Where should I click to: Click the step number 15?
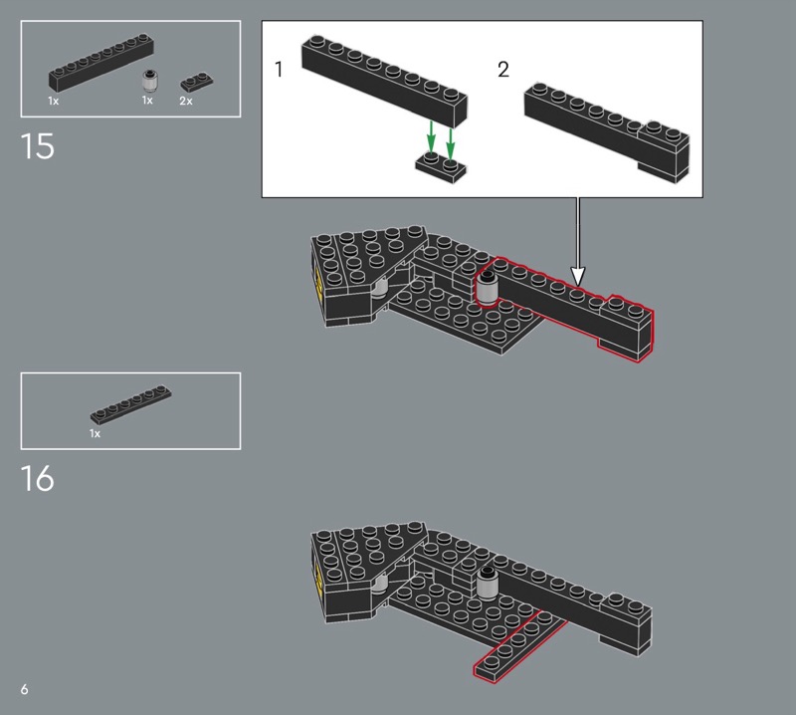pos(37,146)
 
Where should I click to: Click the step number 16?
pos(37,478)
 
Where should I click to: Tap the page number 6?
pos(24,689)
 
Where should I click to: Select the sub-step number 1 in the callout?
pos(279,69)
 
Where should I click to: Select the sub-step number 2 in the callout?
pos(503,69)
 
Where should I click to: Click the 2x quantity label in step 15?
pos(186,102)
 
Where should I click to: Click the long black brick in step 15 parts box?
pos(101,62)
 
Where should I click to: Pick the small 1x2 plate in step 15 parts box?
pos(197,83)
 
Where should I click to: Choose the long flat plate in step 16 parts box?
pos(131,404)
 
